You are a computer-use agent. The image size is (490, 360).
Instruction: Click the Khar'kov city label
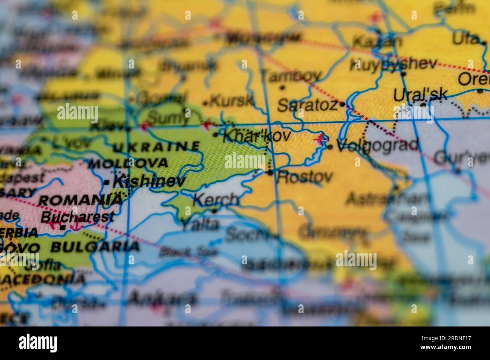tap(257, 135)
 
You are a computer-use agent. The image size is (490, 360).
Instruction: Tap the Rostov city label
tap(305, 177)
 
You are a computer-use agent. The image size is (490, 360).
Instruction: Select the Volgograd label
tap(377, 145)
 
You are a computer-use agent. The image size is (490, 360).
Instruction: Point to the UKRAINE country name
tap(156, 146)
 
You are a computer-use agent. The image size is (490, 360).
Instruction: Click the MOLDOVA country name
tap(128, 163)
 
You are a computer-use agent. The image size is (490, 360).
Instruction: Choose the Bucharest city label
tap(77, 217)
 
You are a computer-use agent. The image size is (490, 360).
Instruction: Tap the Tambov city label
tap(292, 76)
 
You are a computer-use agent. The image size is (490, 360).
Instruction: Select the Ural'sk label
tap(420, 95)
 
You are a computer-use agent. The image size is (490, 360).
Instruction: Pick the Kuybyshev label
tap(394, 64)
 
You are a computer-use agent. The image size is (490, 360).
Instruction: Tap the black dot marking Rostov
tap(270, 173)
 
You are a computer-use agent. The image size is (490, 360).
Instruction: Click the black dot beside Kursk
tap(205, 103)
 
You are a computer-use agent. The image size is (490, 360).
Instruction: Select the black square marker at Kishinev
tap(107, 183)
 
